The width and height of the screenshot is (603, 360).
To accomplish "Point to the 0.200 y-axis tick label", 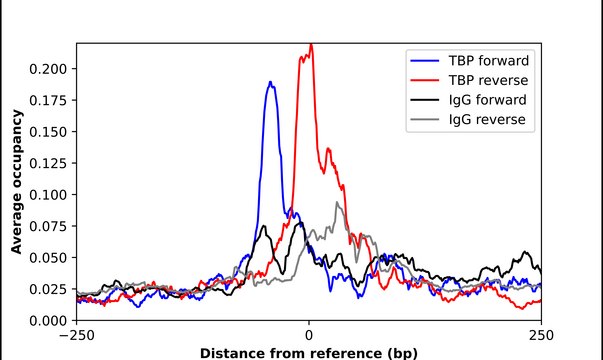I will coord(50,69).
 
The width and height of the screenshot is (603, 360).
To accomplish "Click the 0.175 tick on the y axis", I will coord(50,100).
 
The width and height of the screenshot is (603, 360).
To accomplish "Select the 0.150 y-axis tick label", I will coord(50,132).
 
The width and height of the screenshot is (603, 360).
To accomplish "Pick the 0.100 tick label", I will coord(50,195).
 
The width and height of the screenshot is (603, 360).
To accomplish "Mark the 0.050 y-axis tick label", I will coord(50,258).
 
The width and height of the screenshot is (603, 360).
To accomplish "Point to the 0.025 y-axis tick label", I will coord(50,289).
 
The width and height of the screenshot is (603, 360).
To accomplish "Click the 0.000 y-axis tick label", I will coord(50,320).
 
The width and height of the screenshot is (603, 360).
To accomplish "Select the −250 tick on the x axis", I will coord(76,335).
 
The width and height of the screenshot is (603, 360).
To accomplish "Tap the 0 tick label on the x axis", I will coord(309,335).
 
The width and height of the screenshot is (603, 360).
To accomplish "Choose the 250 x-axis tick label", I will coord(541,335).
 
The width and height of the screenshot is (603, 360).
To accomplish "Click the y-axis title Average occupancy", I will coord(17,182).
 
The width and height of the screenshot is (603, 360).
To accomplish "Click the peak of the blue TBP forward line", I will coord(270,83).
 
